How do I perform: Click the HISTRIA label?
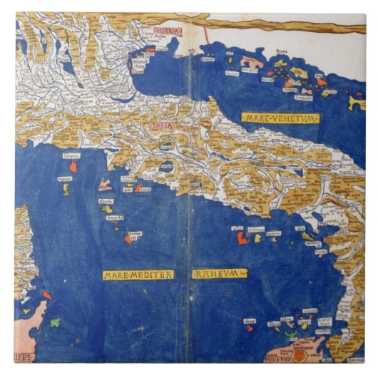tap(168, 31)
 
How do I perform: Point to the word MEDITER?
tap(151, 275)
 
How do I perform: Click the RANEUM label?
tap(219, 273)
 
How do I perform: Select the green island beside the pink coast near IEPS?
tap(54, 322)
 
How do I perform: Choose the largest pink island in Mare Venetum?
tap(252, 61)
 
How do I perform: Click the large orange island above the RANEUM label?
tap(243, 239)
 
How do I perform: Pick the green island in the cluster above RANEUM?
tap(307, 235)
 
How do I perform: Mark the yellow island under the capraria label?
tap(66, 190)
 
